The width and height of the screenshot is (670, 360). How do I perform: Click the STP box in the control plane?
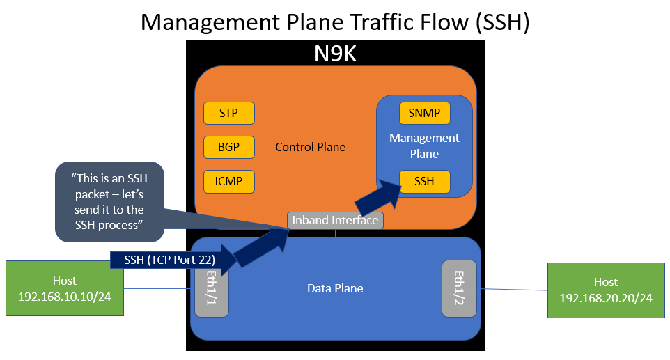tap(228, 113)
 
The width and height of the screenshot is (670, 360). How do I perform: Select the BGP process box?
tap(228, 147)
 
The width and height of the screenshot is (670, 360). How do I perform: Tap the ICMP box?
tap(228, 182)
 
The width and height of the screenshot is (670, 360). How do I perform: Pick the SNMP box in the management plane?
tap(424, 113)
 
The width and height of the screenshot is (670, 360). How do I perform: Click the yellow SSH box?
tap(424, 182)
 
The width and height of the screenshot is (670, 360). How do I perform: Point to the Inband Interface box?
tap(335, 220)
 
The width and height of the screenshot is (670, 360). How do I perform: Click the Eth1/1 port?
tap(208, 288)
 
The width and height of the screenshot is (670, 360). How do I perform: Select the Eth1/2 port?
tap(459, 288)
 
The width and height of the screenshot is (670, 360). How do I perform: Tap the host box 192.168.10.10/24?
tap(65, 288)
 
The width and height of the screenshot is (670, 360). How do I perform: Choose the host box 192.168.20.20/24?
tap(605, 290)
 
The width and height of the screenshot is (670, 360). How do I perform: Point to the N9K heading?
tap(334, 54)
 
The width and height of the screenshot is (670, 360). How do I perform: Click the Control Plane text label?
tap(311, 147)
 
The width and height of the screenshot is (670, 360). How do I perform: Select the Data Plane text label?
tap(335, 288)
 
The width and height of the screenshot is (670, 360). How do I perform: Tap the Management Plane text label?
tap(424, 146)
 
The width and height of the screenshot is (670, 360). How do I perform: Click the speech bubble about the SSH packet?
tap(109, 201)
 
